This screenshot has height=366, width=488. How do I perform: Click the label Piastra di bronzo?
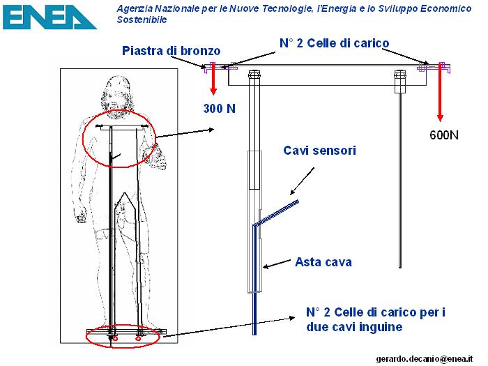[x=171, y=51]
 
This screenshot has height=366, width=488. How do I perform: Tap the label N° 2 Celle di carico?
[x=334, y=43]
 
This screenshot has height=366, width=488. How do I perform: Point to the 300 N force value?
[x=220, y=108]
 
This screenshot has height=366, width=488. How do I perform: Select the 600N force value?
[x=444, y=135]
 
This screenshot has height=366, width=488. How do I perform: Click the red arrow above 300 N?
[x=213, y=79]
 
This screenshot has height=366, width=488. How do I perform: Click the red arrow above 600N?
[x=440, y=92]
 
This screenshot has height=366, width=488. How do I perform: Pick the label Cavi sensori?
[x=319, y=151]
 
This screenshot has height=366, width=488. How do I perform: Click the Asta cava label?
[x=323, y=262]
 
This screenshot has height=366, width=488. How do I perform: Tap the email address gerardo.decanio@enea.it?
[x=425, y=359]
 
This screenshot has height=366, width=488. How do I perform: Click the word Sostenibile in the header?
[x=142, y=20]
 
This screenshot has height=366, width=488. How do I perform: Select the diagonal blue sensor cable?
[x=276, y=213]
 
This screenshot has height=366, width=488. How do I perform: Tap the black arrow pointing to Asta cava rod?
[x=277, y=264]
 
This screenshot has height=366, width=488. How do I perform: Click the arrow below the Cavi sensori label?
[x=302, y=181]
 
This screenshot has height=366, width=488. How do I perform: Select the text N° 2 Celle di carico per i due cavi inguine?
[x=376, y=319]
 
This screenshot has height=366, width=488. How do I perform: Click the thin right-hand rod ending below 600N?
[x=400, y=181]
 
